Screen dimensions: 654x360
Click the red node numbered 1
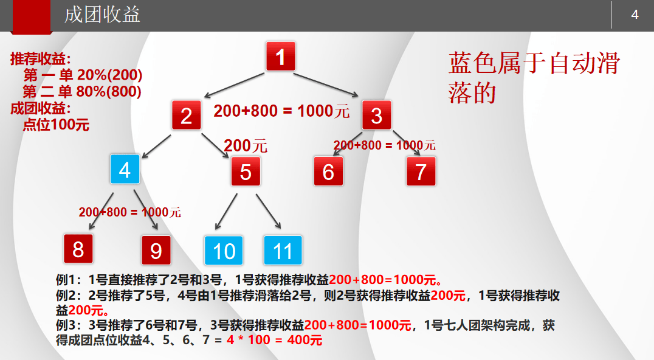(x=280, y=57)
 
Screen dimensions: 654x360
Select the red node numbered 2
(x=186, y=116)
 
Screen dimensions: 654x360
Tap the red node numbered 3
(x=376, y=116)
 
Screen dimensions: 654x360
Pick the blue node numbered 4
(x=125, y=170)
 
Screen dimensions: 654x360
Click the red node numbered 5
(x=246, y=171)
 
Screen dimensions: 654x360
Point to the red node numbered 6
(x=328, y=171)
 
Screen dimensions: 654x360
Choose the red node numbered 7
(x=421, y=171)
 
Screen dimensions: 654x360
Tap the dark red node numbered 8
(x=78, y=249)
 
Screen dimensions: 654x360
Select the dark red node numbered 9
(x=156, y=251)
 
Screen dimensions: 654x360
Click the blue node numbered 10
(x=224, y=251)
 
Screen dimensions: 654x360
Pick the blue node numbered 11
(x=283, y=251)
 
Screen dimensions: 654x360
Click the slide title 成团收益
(x=102, y=15)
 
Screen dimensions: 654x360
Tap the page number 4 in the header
(x=635, y=15)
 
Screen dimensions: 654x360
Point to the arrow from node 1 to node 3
(x=327, y=85)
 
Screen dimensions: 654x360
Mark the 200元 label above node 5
(x=246, y=145)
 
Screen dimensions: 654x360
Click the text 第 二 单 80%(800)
(x=82, y=92)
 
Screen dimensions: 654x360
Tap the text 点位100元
(x=56, y=125)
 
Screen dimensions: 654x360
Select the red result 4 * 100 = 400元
(x=274, y=341)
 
